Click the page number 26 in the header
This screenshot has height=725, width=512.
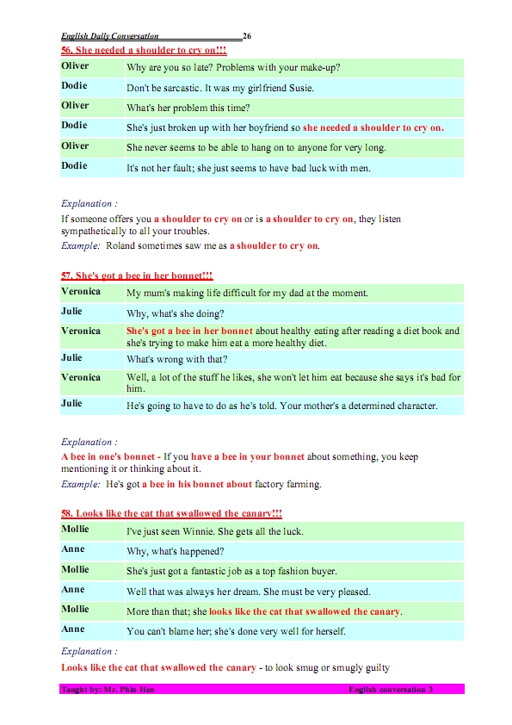point(247,36)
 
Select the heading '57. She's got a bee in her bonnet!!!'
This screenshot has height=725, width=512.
point(137,275)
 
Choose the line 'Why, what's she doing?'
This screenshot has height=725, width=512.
point(175,314)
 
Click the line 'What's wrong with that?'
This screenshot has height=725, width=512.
point(179,360)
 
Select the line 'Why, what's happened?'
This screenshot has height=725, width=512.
point(175,552)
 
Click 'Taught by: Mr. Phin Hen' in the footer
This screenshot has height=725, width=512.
point(108,690)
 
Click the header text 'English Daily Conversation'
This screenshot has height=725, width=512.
point(110,36)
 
